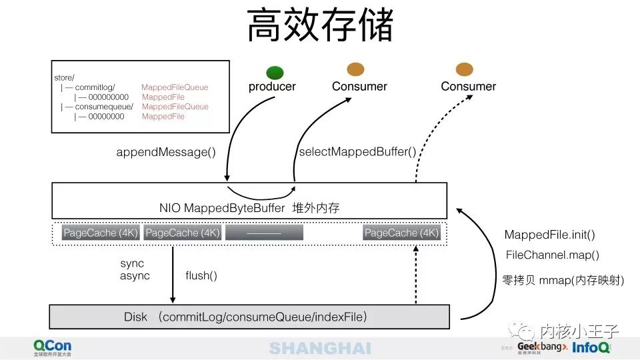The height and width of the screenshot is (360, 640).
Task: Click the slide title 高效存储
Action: point(320,27)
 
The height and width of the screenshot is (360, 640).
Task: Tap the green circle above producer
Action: point(275,73)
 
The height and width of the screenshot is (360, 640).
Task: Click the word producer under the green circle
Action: point(272,87)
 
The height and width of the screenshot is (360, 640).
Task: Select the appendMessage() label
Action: point(166,152)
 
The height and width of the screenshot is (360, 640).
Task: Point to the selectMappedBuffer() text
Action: point(357,152)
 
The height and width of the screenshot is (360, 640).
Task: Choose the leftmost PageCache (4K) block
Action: point(101,233)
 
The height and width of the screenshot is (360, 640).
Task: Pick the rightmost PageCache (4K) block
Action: point(401,233)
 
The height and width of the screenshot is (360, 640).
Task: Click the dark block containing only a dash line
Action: point(264,233)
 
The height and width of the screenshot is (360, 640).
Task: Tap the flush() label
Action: point(201,275)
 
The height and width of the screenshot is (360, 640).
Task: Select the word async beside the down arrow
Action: point(135,276)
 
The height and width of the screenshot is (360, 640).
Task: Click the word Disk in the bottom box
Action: point(135,316)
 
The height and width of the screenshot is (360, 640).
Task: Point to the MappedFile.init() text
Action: point(549,235)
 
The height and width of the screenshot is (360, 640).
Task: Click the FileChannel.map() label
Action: point(553,255)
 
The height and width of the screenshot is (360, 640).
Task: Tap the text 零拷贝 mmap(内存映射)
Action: point(563,281)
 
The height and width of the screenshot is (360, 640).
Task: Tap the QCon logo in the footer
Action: point(53,347)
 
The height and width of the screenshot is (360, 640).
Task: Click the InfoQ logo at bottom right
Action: point(591,347)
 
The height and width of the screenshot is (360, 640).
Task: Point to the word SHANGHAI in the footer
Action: point(320,348)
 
